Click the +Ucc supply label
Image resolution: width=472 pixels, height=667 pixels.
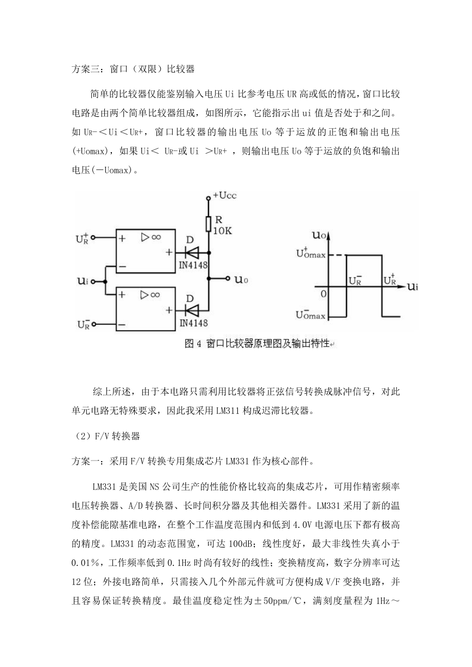click(x=225, y=196)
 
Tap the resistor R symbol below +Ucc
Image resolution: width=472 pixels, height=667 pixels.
click(x=209, y=224)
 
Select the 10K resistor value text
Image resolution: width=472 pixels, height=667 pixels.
click(x=223, y=230)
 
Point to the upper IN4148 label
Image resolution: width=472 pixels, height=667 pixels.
click(x=193, y=265)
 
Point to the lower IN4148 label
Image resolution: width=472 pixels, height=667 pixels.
click(x=193, y=323)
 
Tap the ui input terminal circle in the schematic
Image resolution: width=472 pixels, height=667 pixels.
click(x=93, y=281)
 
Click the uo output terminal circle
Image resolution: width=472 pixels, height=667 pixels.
click(x=228, y=279)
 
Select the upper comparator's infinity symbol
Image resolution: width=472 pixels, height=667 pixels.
click(x=156, y=237)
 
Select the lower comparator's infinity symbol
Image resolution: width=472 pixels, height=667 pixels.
click(x=155, y=295)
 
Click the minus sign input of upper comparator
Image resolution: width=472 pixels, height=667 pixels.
click(x=122, y=267)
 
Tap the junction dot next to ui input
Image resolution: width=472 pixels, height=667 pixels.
click(x=105, y=281)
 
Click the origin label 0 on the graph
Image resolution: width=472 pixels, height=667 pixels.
click(x=324, y=294)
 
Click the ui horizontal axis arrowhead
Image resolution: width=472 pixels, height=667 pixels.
click(x=402, y=287)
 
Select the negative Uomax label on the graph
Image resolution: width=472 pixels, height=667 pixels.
click(x=311, y=314)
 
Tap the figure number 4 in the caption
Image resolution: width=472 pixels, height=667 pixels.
click(x=199, y=344)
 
